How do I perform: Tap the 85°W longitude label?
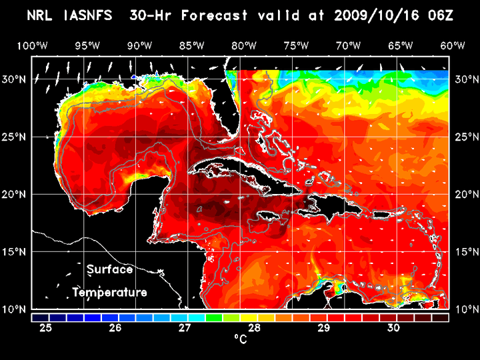(192, 45)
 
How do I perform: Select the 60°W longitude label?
(453, 45)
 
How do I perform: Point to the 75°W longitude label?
(296, 45)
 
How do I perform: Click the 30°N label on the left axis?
(16, 79)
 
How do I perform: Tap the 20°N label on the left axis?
(16, 195)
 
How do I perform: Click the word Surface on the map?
(109, 270)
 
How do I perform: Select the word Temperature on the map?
(109, 293)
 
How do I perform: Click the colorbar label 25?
(46, 328)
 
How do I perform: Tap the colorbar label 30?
(393, 328)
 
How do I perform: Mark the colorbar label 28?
(254, 328)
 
